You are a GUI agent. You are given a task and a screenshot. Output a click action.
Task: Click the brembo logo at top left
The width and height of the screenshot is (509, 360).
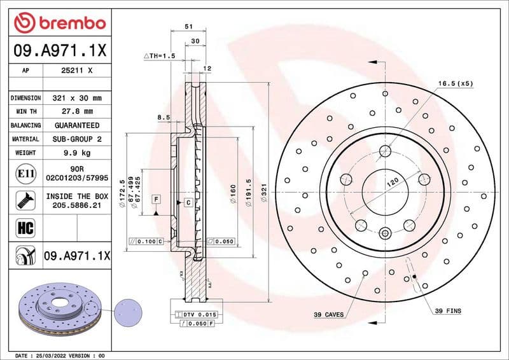click(x=59, y=24)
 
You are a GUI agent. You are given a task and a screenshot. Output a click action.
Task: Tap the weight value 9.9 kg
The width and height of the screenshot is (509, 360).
click(x=77, y=153)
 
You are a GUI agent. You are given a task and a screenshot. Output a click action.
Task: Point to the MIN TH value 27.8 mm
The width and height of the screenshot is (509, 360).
click(x=77, y=112)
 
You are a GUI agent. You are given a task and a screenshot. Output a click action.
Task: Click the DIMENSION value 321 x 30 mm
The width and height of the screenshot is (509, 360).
click(x=77, y=99)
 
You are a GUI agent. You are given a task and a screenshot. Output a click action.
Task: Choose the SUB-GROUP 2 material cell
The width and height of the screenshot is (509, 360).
click(x=77, y=139)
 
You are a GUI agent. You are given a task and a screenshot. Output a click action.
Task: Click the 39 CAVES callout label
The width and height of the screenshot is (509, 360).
click(x=329, y=314)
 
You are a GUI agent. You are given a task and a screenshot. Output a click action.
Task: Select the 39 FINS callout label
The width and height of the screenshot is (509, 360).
click(x=448, y=311)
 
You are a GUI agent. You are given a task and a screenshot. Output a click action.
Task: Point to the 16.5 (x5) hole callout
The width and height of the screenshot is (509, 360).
click(x=456, y=83)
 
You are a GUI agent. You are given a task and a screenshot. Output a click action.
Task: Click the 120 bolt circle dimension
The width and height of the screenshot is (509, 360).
click(x=393, y=181)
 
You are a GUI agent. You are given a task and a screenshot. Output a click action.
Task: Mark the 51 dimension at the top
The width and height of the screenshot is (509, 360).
click(x=188, y=27)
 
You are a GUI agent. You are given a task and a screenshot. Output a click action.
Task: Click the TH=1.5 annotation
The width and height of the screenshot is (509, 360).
click(x=160, y=56)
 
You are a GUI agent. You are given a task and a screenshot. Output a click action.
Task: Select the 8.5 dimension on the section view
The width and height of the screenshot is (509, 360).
click(x=164, y=117)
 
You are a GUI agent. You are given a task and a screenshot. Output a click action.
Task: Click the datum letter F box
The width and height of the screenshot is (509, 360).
click(x=155, y=200)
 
